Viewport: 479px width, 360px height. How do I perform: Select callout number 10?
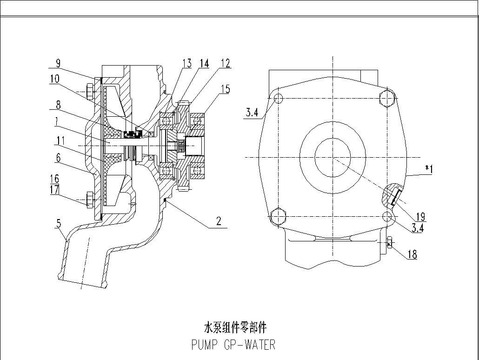click(x=55, y=79)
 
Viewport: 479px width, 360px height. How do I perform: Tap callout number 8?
click(x=58, y=105)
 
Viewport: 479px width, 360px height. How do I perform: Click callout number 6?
click(x=58, y=158)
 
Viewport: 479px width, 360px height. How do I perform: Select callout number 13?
click(x=187, y=63)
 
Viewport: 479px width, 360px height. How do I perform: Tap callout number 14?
click(x=204, y=63)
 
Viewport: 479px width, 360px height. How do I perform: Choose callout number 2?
click(x=219, y=221)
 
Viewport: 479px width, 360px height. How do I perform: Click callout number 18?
click(x=412, y=254)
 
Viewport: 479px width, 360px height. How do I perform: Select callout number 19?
click(x=420, y=216)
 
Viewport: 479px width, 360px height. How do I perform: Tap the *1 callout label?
click(x=428, y=169)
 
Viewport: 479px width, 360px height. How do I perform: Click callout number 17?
click(x=54, y=190)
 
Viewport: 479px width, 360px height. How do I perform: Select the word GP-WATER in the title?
click(x=250, y=345)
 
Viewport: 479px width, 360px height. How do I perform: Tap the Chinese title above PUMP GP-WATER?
click(x=235, y=327)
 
